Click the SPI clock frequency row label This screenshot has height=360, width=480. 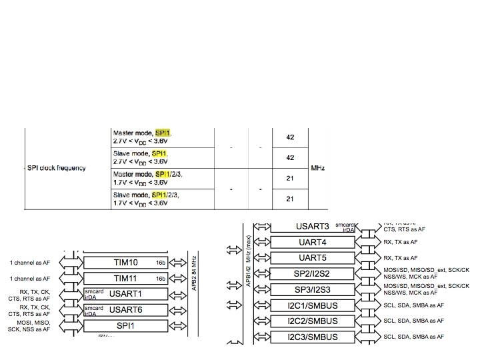(x=57, y=168)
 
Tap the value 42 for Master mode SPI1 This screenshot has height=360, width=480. (x=290, y=138)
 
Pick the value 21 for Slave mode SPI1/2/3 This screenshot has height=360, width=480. (x=290, y=199)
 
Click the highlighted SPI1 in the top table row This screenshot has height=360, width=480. (x=163, y=133)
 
